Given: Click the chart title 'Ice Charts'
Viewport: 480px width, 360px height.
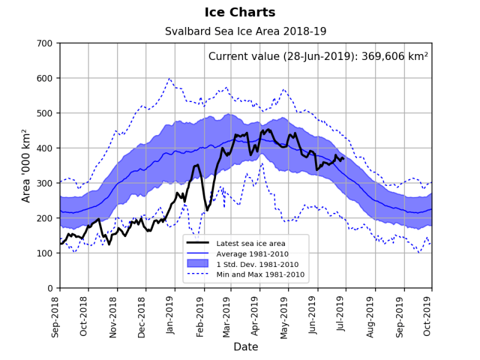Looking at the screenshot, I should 240,13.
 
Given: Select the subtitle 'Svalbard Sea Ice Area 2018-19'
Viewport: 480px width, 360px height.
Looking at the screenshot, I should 246,31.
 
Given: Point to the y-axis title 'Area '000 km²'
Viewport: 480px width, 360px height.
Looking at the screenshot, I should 25,165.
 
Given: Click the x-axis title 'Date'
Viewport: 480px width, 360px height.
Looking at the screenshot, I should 246,347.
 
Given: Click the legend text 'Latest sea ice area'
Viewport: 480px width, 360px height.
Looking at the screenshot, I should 251,243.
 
